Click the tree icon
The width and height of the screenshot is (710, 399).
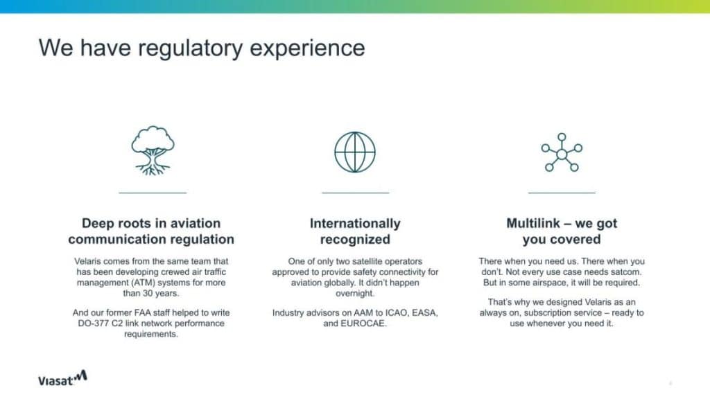[x=153, y=150]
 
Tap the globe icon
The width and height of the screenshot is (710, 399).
[x=355, y=152]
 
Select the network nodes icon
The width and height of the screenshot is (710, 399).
[x=562, y=152]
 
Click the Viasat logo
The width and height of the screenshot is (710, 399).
[x=62, y=378]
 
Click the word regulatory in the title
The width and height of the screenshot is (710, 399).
[x=191, y=48]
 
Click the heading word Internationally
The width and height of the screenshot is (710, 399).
[x=355, y=224]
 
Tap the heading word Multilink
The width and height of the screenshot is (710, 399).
[x=533, y=223]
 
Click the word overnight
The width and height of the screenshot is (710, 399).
[x=355, y=293]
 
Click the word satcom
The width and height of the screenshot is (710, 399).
[x=625, y=272]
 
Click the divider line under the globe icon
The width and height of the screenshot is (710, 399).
[x=355, y=193]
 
